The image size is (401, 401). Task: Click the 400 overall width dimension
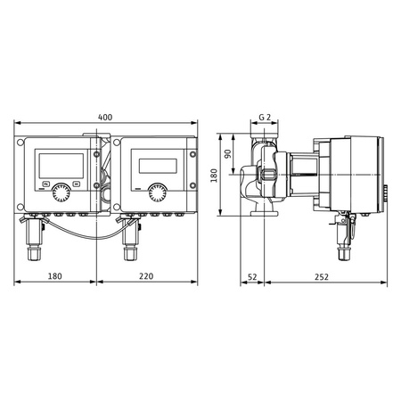pos(106,117)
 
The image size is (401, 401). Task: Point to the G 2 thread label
pos(265,118)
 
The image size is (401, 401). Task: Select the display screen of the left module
pos(61,164)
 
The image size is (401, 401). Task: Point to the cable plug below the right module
pos(129,237)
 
